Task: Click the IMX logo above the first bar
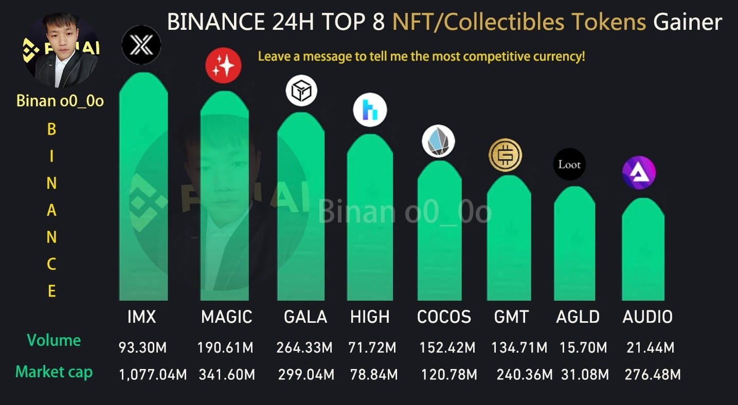[x=141, y=45]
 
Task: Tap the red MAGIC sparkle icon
[x=223, y=66]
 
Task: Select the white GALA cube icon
[x=301, y=91]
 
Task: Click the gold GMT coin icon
[x=505, y=155]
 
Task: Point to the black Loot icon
[x=569, y=164]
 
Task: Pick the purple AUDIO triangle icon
[x=639, y=173]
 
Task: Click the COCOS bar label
[x=444, y=317]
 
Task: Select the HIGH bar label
[x=370, y=317]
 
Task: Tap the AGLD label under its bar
[x=578, y=317]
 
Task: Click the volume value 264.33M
[x=304, y=348]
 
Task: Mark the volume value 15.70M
[x=583, y=348]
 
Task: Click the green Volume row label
[x=53, y=340]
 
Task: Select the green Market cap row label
[x=54, y=372]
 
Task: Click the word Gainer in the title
[x=688, y=23]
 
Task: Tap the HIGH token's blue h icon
[x=370, y=110]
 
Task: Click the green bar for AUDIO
[x=643, y=252]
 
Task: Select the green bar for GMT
[x=509, y=242]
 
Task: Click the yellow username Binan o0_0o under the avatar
[x=60, y=101]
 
